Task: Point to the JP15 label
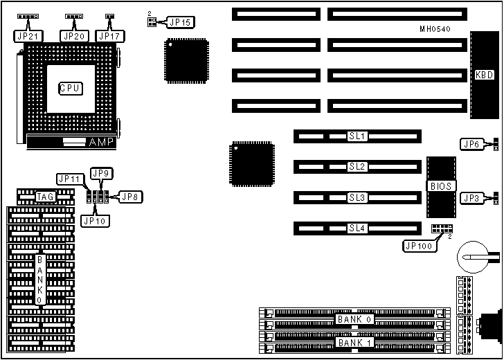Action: click(x=180, y=22)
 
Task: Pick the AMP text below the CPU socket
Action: click(x=98, y=142)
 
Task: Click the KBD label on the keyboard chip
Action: click(x=483, y=75)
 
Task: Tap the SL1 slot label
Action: click(x=357, y=136)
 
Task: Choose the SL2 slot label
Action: click(x=357, y=167)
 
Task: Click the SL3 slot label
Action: click(x=357, y=197)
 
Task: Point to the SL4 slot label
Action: click(x=357, y=228)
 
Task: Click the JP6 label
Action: click(x=472, y=144)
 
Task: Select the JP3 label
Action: click(x=472, y=197)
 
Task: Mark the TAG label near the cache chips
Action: click(x=46, y=197)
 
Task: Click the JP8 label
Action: click(x=130, y=197)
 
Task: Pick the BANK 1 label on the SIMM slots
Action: click(x=354, y=343)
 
